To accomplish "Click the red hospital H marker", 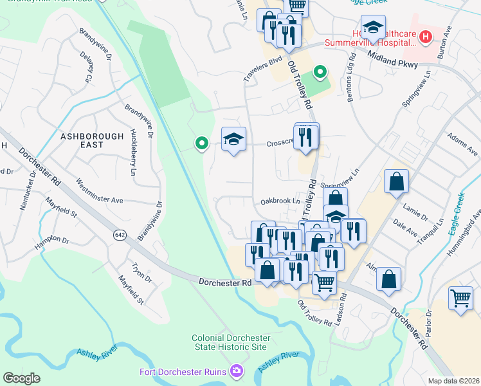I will (x=424, y=39).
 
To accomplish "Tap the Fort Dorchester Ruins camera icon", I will (x=237, y=371).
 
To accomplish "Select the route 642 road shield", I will (x=120, y=233).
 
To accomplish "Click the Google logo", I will (x=21, y=378).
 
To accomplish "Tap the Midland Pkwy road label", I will (x=393, y=59).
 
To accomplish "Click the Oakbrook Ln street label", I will (x=280, y=201).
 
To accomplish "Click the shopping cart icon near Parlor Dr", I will (x=460, y=298).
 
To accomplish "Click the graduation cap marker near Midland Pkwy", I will (x=373, y=27).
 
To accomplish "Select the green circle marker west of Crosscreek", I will (x=202, y=143).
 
